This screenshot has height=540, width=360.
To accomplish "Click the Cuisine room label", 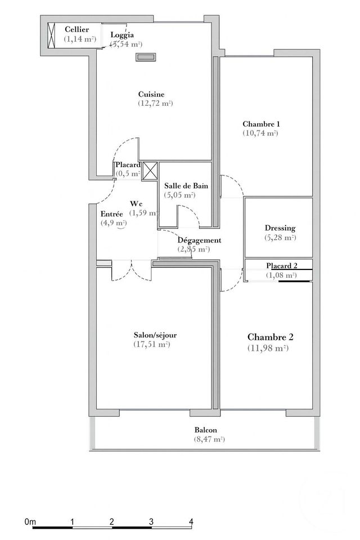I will coord(151,94).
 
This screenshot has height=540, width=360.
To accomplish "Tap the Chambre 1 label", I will coord(261,124).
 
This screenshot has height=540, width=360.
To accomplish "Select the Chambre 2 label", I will coord(271,337).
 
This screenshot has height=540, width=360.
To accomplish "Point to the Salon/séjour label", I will coord(151,335).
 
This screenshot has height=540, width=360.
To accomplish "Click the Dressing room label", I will coord(280,228).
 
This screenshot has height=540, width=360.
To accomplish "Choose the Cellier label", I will coord(77,29).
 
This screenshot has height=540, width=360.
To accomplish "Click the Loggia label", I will coord(122,35).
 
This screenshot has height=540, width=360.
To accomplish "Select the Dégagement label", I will coord(199,240).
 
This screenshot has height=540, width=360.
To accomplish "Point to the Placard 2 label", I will coord(281,265).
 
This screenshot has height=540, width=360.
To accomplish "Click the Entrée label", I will coord(111,214).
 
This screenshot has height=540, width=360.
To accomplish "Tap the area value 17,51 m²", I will coord(151,344).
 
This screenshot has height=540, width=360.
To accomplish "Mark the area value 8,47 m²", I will coord(205,439).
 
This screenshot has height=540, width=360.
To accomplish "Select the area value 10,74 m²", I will coord(261,133).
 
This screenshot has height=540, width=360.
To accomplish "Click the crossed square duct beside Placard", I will coord(150,170).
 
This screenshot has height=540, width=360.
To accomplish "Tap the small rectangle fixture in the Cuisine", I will coord(146,56).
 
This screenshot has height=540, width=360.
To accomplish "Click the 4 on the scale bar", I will coord(191,521).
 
